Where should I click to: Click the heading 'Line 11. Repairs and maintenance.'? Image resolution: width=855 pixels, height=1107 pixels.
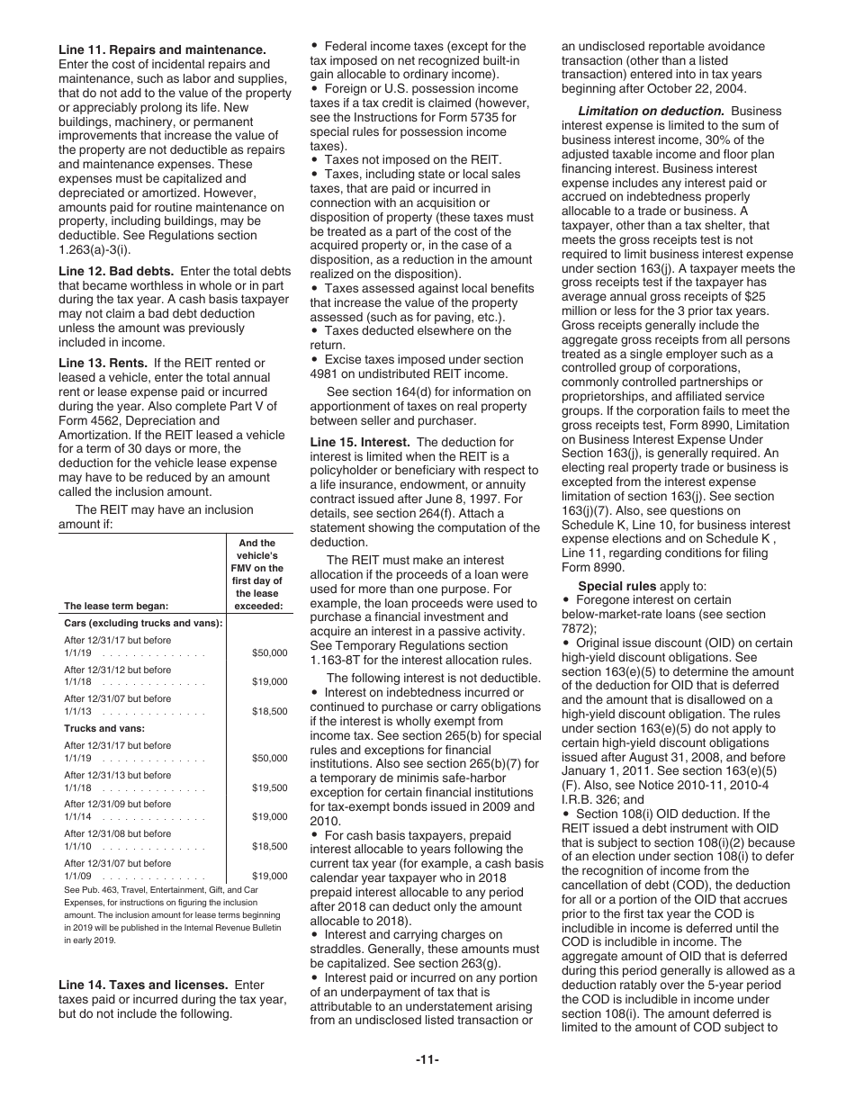(162, 49)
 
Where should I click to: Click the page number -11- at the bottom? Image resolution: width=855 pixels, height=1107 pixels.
(427, 1058)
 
